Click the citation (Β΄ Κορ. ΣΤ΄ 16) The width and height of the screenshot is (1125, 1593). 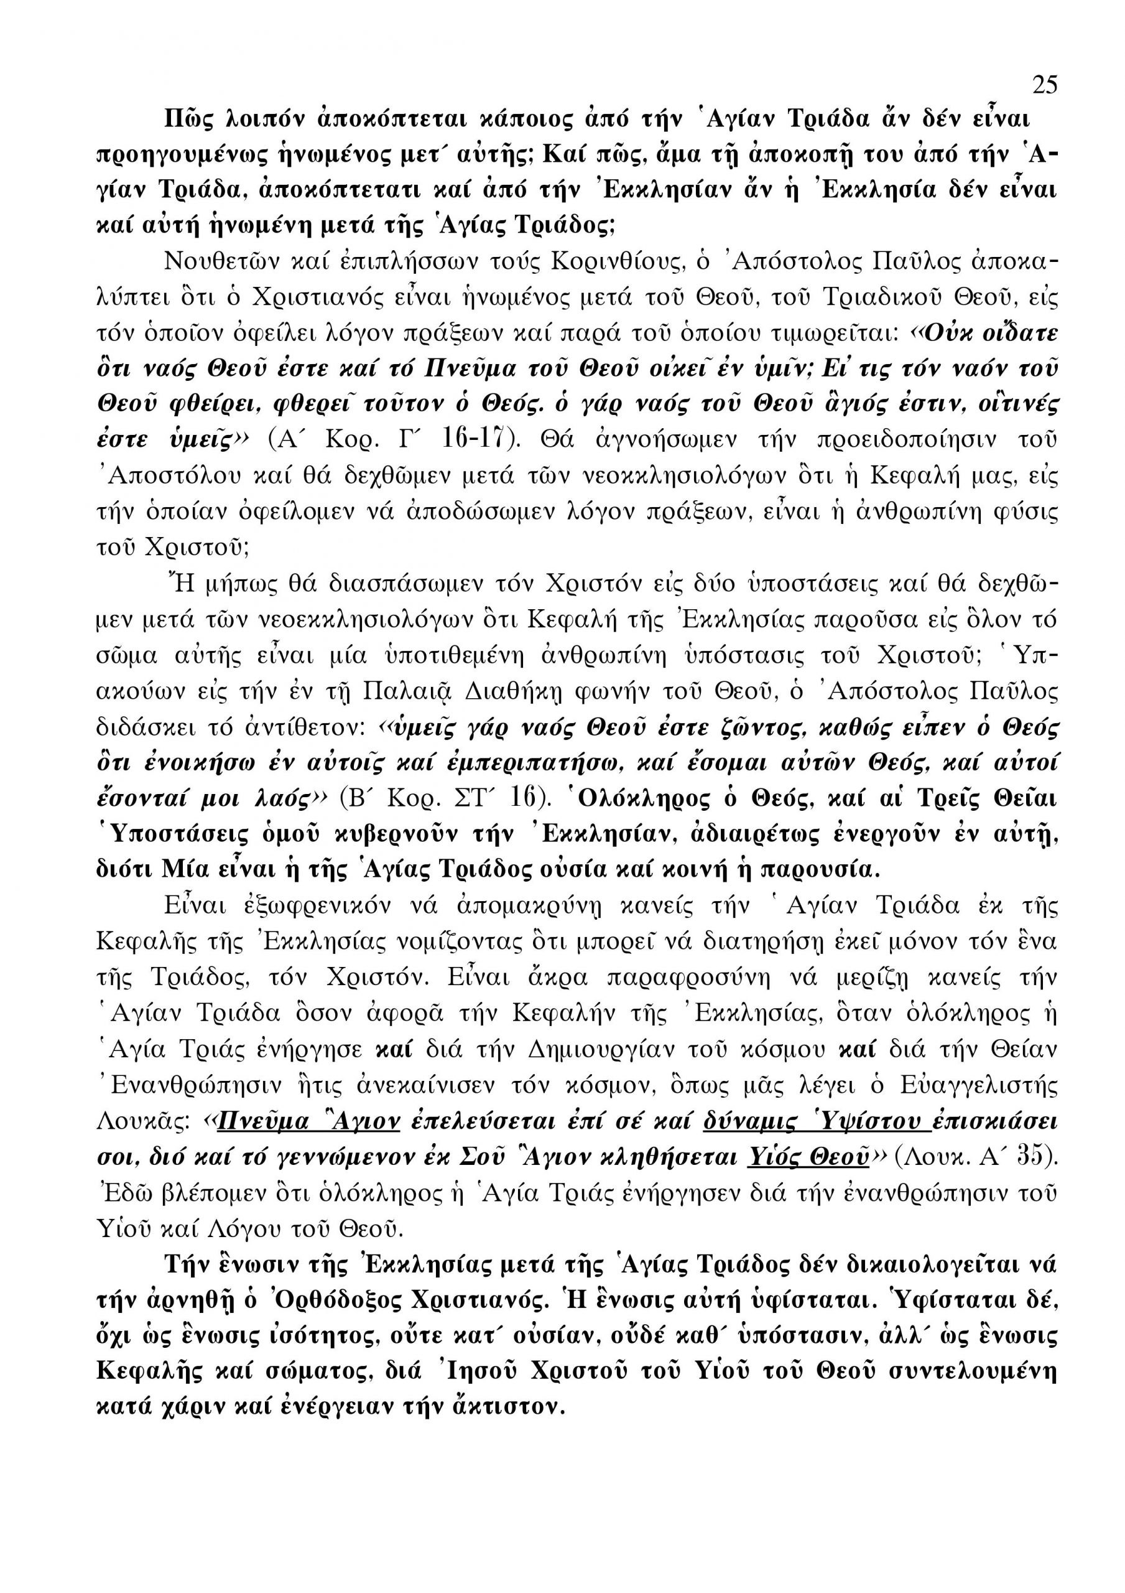(x=447, y=798)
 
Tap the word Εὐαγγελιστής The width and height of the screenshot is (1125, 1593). (x=979, y=1085)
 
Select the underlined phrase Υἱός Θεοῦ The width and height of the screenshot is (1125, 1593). (x=808, y=1157)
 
